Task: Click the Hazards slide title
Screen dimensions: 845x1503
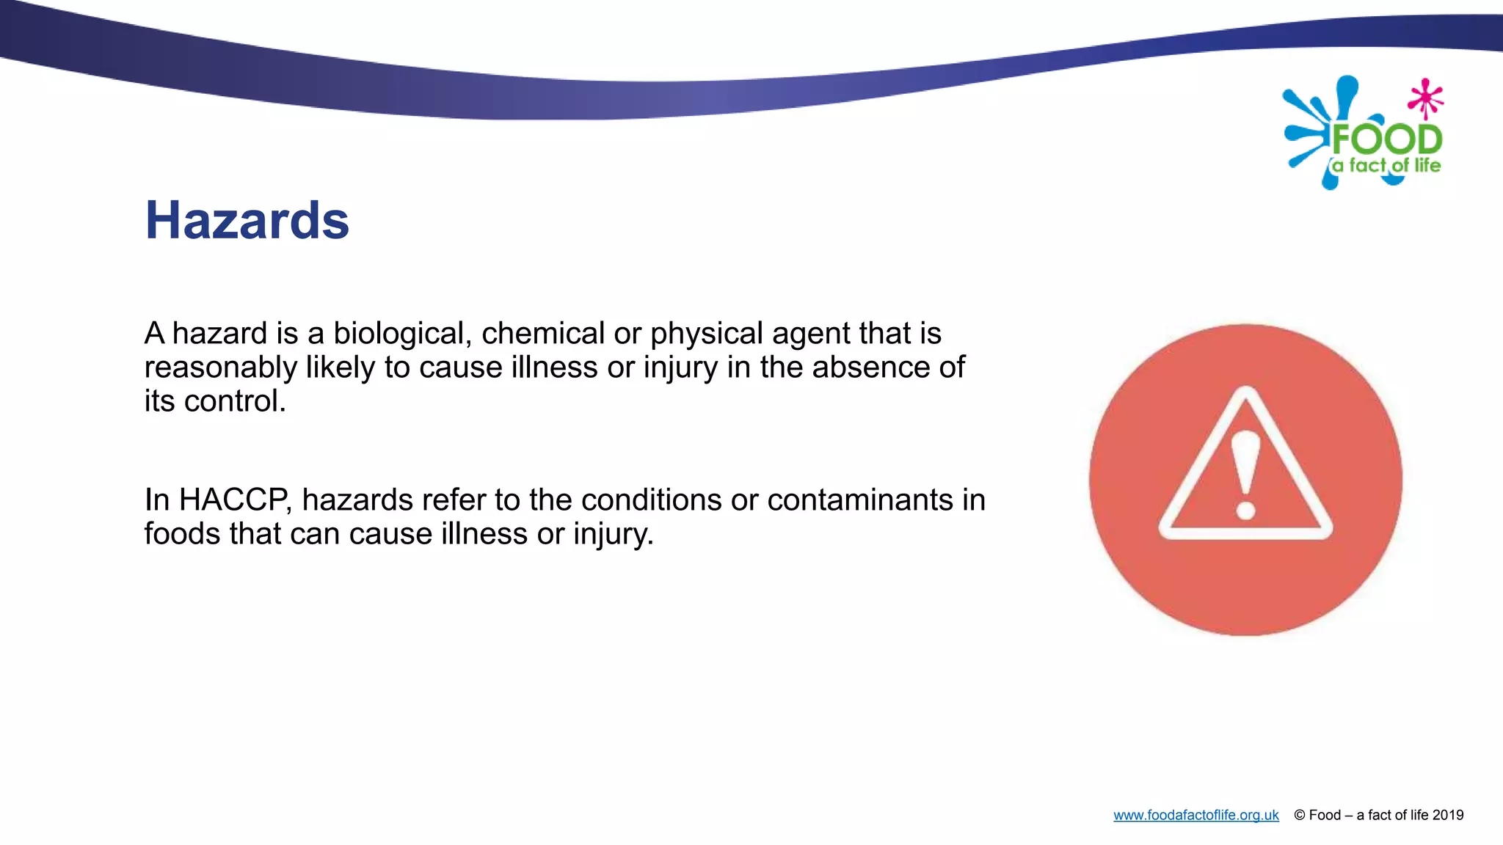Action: (247, 220)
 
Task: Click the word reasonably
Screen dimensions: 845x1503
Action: (220, 368)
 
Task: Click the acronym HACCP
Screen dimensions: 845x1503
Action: (235, 500)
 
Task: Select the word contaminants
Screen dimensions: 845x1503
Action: (860, 500)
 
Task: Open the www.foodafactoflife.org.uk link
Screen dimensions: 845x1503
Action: (1196, 815)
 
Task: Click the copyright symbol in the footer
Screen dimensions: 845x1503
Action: (1300, 815)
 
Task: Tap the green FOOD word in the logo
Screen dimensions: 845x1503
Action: (1387, 139)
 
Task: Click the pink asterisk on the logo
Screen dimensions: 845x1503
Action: (1426, 98)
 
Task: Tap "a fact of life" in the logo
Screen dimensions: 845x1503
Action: (1386, 166)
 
